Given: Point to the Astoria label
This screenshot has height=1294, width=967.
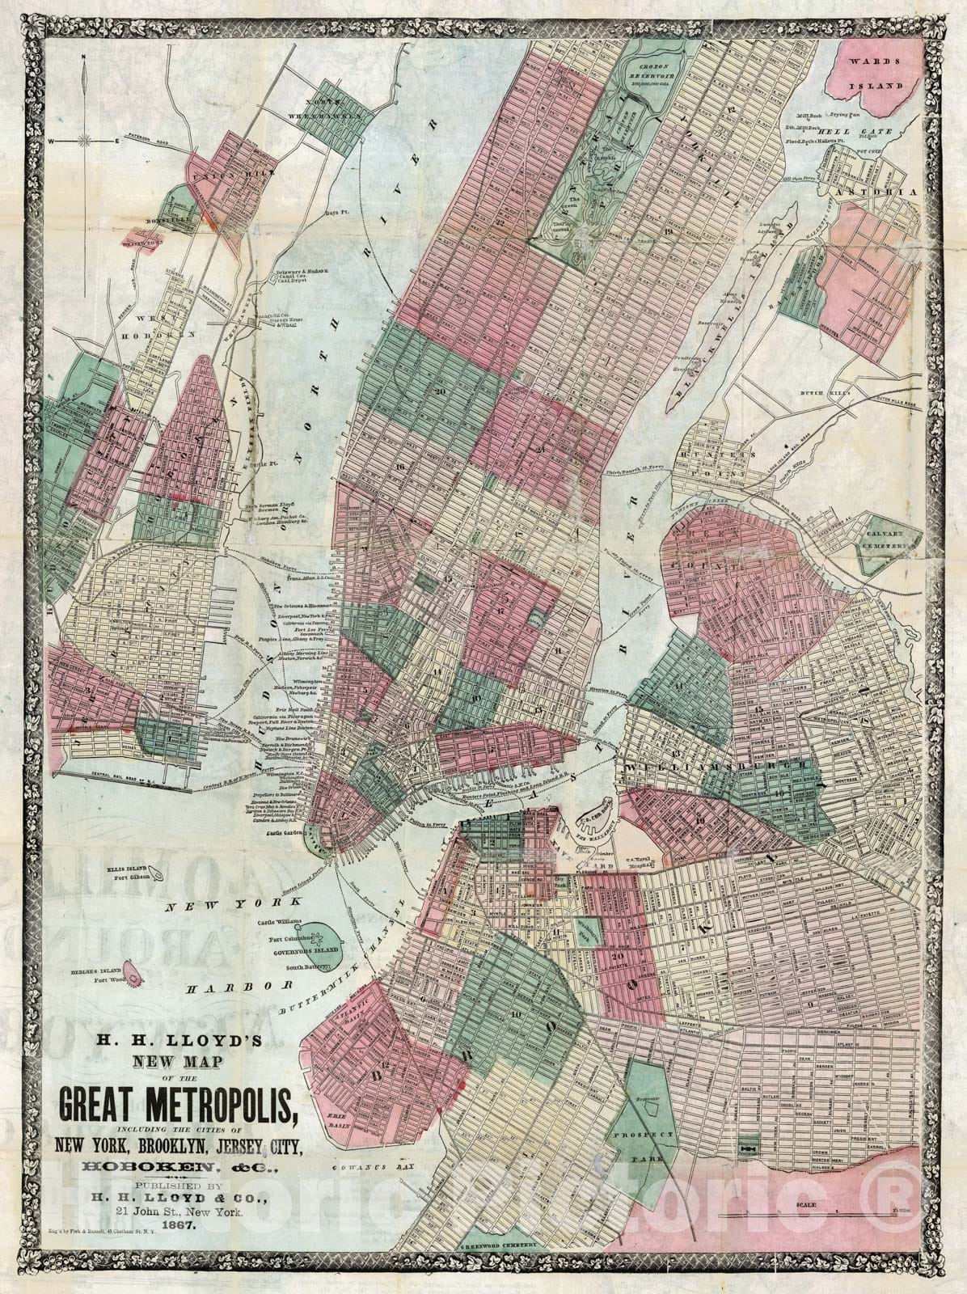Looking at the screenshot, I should [x=889, y=193].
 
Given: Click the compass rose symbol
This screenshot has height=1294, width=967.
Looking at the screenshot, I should [x=83, y=141].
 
